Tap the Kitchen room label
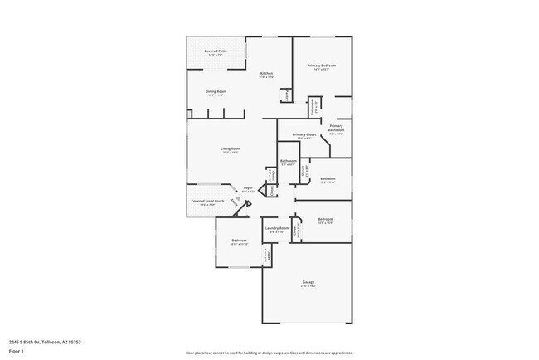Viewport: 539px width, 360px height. (266, 74)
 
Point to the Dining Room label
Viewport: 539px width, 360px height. (216, 91)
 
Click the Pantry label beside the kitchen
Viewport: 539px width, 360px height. (286, 95)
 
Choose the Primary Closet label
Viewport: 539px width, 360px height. (304, 134)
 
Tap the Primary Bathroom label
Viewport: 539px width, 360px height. (336, 127)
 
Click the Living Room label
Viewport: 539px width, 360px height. (230, 148)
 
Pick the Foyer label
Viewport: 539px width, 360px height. (247, 188)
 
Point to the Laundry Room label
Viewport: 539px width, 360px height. (277, 228)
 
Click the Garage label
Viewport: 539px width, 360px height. (308, 282)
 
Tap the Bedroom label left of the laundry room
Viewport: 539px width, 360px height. (239, 241)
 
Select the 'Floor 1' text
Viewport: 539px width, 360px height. (17, 350)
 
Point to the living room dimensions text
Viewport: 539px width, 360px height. (230, 153)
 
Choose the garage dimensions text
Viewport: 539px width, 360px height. (308, 286)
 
